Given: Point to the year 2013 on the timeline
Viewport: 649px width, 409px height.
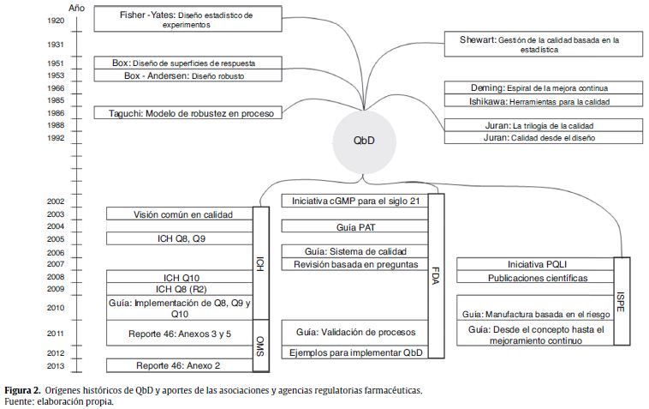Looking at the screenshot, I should pos(57,366).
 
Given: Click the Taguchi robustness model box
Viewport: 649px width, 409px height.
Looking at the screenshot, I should pos(188,113).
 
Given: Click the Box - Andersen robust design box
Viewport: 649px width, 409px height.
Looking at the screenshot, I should pos(188,76).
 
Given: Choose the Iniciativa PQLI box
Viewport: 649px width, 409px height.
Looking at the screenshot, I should pos(536,264).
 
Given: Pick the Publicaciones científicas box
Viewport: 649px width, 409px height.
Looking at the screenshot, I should pos(536,278).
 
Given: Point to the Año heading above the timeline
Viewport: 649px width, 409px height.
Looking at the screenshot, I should pos(76,5).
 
